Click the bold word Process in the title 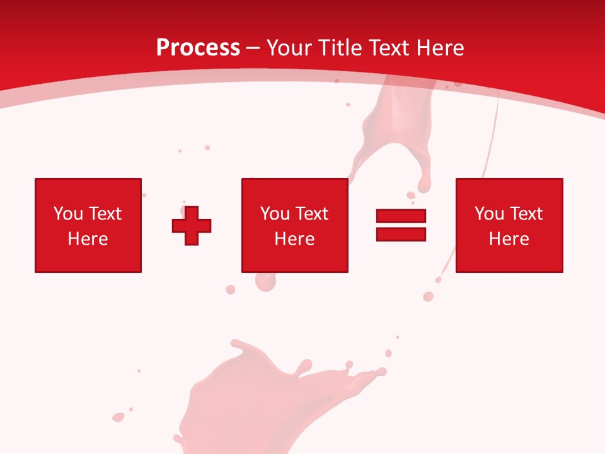tap(198, 48)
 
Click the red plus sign tap(192, 225)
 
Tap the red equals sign tap(401, 225)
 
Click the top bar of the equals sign tap(401, 216)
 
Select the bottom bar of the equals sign tap(401, 234)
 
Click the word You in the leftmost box tap(68, 214)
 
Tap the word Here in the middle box tap(294, 239)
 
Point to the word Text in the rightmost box tap(527, 214)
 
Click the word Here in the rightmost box tap(509, 239)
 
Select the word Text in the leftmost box tap(106, 214)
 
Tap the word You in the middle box tap(275, 214)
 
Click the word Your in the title tap(289, 48)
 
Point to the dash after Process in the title tap(253, 49)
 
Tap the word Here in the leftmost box tap(88, 239)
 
